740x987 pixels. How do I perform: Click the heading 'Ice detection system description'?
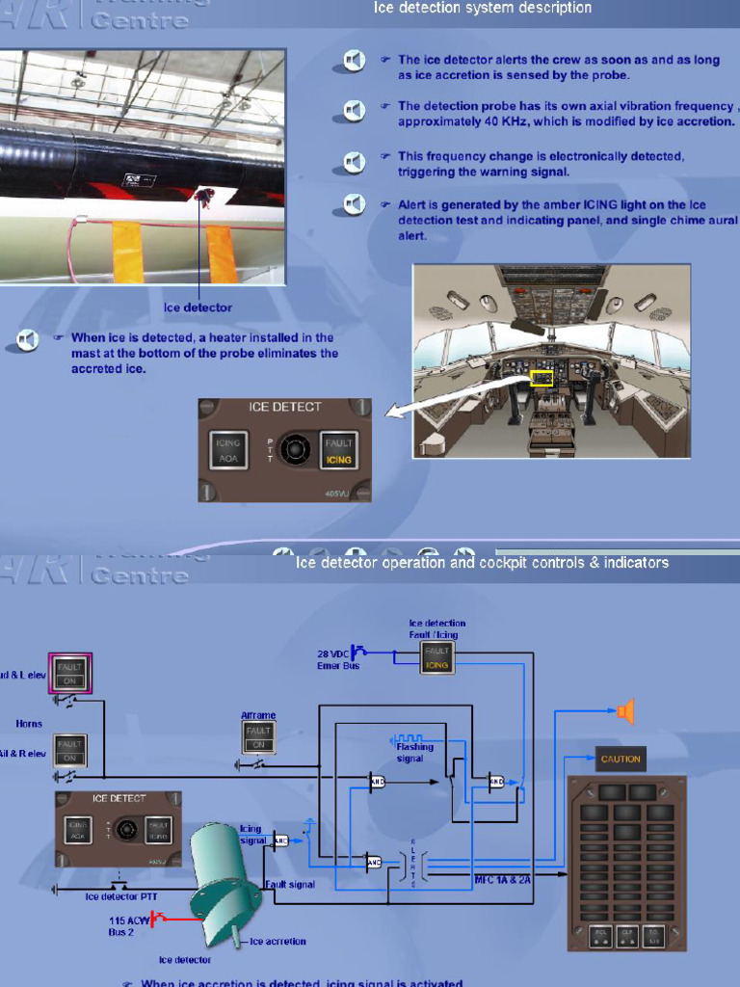tap(482, 9)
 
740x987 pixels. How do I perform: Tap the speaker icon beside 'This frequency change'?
tap(355, 162)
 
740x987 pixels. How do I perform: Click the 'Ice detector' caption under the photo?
tap(198, 308)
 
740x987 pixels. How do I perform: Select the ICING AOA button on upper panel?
tap(228, 450)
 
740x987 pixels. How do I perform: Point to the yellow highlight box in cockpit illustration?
tap(542, 378)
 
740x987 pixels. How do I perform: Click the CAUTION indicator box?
tap(621, 759)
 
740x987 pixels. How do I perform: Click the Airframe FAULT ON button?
tap(258, 737)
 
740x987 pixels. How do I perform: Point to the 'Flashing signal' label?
tap(415, 752)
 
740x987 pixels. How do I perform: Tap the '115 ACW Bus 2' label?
tap(128, 926)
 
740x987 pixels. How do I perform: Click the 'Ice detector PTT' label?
tap(121, 895)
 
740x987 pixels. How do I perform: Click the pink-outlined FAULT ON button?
tap(70, 672)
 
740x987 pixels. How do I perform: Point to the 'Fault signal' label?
tap(289, 884)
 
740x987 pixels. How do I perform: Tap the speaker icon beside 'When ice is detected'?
tap(28, 338)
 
